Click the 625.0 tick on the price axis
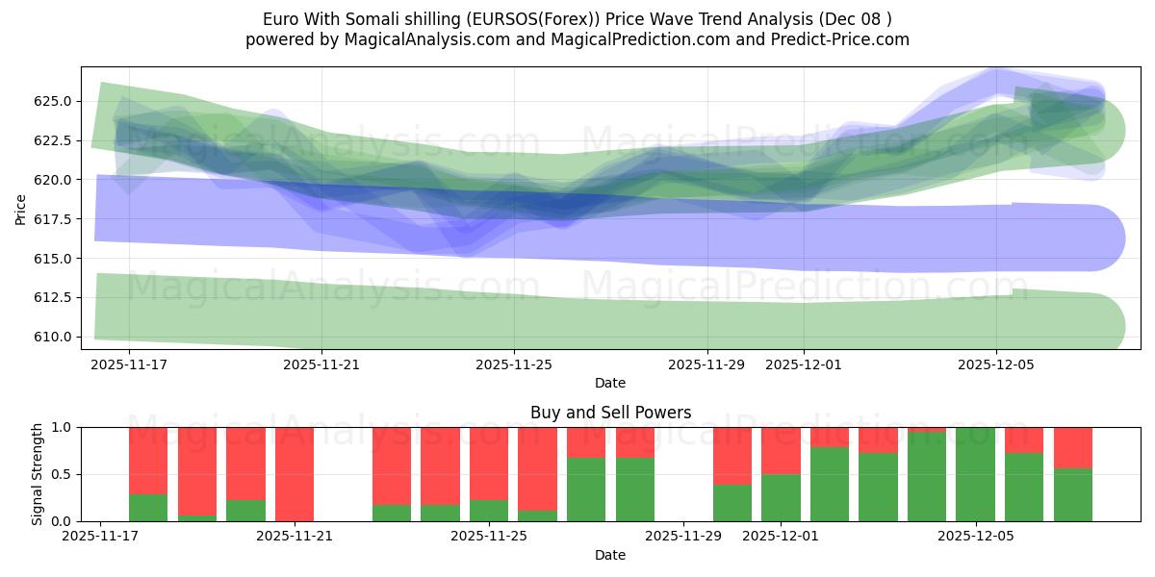50,101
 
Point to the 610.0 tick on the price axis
50,337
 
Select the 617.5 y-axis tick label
50,219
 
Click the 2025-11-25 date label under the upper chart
514,364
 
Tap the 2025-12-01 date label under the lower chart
781,537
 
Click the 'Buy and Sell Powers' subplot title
610,413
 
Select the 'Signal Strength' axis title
38,474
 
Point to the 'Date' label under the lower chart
610,555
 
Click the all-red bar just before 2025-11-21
295,474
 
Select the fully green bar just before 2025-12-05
975,474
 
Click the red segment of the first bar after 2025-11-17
148,460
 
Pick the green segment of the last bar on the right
1072,495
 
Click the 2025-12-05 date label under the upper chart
995,364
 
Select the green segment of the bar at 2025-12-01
781,498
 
